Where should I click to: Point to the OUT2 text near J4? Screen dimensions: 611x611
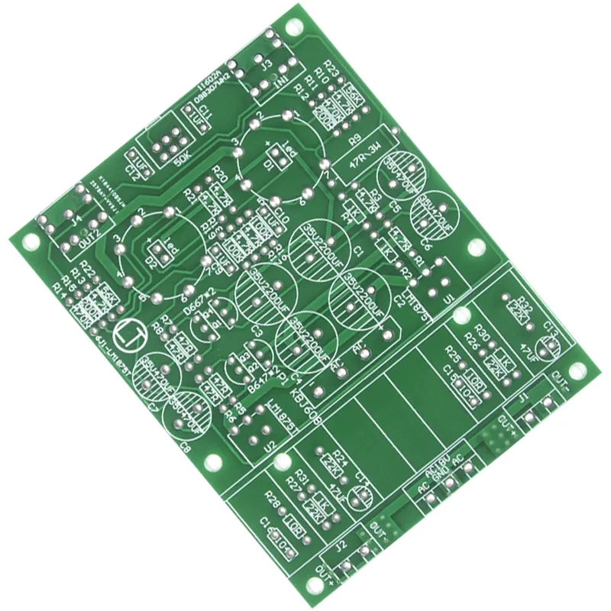point(91,235)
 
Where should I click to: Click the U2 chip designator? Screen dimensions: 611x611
point(269,451)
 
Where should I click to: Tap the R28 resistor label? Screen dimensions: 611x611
point(273,502)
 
